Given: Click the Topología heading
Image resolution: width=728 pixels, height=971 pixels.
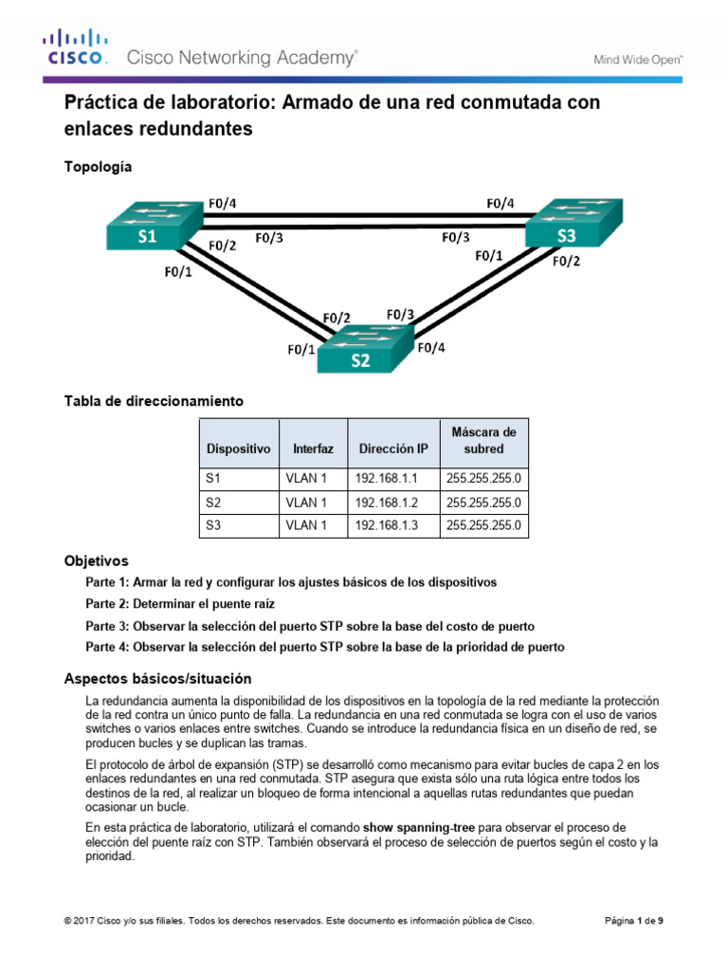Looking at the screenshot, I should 98,167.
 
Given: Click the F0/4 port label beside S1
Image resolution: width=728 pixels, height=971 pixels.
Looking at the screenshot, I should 222,202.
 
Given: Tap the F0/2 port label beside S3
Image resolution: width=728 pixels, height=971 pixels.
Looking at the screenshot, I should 566,261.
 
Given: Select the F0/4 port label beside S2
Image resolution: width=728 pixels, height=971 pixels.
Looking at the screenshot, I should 431,348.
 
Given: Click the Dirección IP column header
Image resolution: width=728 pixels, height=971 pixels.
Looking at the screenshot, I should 393,449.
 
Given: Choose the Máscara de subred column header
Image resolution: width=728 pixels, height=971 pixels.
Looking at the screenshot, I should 483,440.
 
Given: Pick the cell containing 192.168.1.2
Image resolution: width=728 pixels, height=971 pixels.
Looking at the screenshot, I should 386,502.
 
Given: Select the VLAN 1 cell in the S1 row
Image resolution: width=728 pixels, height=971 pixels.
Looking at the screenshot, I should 305,479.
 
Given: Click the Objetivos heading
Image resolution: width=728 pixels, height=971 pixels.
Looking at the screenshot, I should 95,560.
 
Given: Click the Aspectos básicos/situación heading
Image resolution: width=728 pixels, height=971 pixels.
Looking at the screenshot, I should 157,678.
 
